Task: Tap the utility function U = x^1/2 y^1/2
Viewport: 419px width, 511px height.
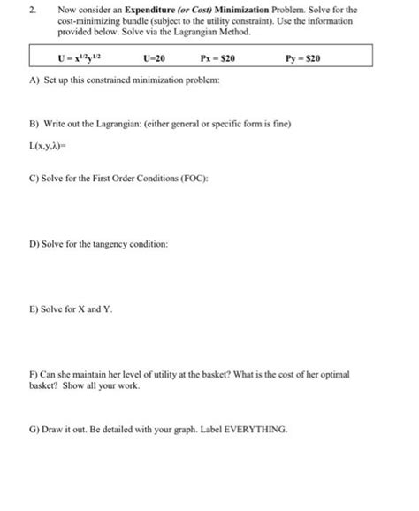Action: [x=84, y=59]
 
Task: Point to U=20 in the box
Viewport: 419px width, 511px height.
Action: [x=154, y=59]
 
